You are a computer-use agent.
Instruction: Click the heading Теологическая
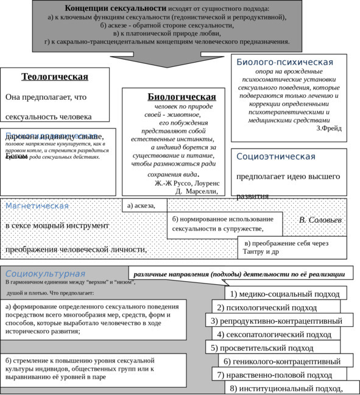tap(55, 77)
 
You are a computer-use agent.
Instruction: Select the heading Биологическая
tap(182, 97)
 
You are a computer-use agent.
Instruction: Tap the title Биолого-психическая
tap(284, 62)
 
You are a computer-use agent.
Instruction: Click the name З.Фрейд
tap(329, 128)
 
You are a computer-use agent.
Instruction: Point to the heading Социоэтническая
tap(276, 156)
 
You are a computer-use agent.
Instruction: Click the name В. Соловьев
tap(320, 219)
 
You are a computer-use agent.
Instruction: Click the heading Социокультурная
tap(45, 274)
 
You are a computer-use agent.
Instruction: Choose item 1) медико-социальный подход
tap(285, 293)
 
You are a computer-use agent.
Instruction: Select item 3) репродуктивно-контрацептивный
tap(277, 321)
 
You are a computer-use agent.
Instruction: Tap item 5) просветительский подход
tap(263, 348)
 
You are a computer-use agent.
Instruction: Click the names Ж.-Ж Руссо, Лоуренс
tap(187, 182)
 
